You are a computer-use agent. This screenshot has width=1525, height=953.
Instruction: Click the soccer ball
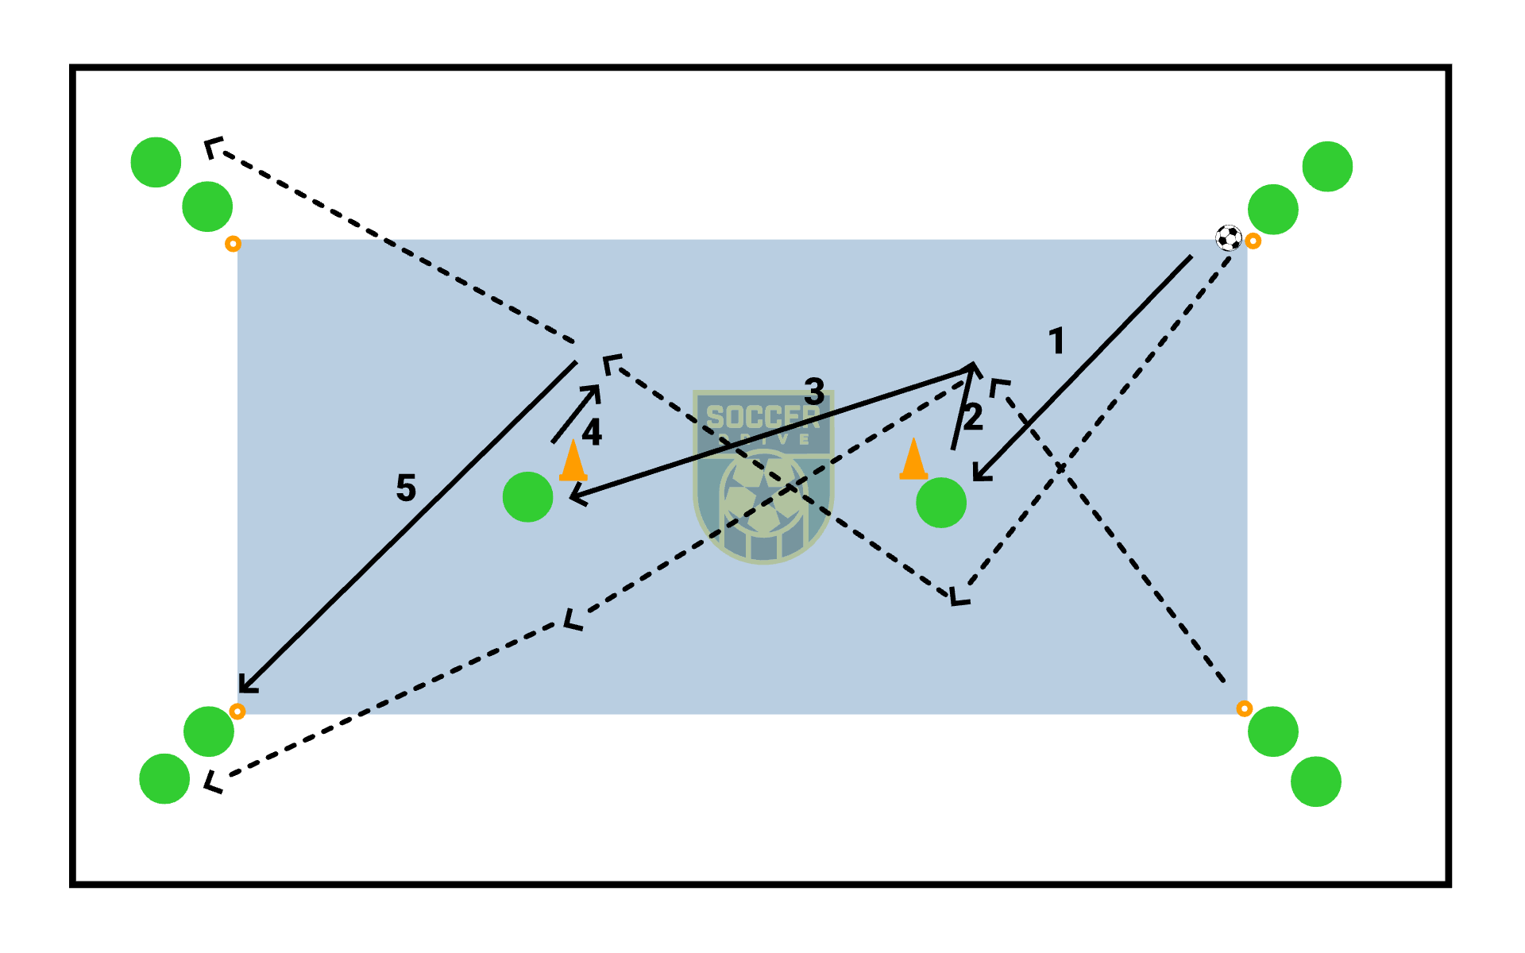tap(1229, 237)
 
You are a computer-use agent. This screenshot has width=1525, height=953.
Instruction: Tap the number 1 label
tap(1056, 341)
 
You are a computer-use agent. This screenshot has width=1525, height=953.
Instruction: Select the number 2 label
tap(974, 418)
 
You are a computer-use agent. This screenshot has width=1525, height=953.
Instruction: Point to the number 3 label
tap(814, 391)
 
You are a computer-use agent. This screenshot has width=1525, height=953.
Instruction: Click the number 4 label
tap(592, 433)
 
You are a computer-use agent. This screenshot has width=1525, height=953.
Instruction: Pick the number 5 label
tap(406, 488)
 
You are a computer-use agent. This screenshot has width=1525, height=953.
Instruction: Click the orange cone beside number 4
tap(573, 461)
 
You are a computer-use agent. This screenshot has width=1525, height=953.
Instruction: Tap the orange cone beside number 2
tap(913, 460)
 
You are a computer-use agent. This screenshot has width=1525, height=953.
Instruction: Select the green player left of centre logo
tap(528, 497)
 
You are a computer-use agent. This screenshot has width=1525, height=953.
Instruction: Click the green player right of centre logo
tap(941, 503)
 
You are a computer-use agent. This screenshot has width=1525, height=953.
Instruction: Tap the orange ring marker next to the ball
tap(1253, 241)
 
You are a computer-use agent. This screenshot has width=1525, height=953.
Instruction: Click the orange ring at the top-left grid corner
tap(233, 244)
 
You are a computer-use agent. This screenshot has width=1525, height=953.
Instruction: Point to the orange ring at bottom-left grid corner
tap(237, 711)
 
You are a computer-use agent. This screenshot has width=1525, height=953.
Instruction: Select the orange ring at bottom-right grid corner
tap(1245, 708)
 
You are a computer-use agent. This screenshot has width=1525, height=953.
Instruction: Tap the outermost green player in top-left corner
tap(156, 162)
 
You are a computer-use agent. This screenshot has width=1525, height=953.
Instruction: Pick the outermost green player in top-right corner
tap(1327, 167)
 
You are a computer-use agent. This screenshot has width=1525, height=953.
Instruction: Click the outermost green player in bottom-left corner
tap(164, 779)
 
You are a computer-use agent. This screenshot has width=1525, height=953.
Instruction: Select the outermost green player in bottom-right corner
tap(1316, 781)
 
